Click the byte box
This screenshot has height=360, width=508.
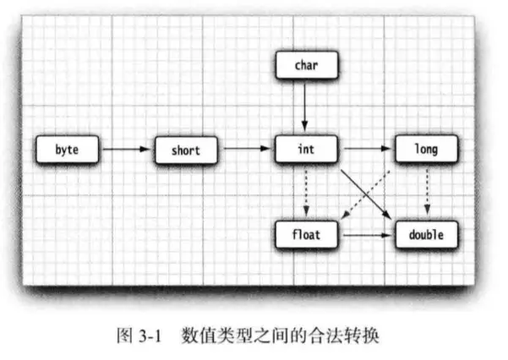[66, 150]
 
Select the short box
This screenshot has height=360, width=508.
[185, 150]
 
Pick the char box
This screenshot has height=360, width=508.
[307, 64]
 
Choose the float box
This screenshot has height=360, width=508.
[307, 235]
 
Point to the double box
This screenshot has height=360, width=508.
[426, 235]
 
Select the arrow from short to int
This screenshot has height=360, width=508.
[246, 150]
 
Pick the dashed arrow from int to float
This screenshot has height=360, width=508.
[307, 193]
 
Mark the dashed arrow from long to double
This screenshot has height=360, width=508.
[426, 193]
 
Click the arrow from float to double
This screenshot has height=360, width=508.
[366, 235]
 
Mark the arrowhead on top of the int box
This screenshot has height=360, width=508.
[307, 130]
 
